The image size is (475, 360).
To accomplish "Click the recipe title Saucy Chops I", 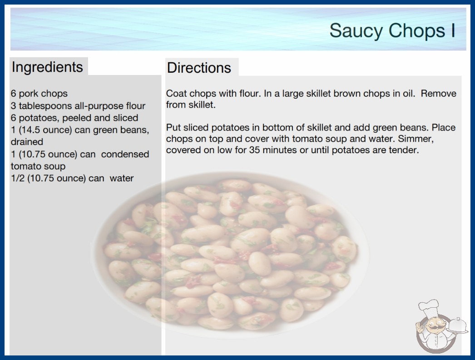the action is click(392, 31).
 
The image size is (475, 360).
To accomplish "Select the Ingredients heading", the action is click(47, 67).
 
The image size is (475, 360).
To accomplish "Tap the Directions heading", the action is click(199, 68).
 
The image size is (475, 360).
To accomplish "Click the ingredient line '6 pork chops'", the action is click(39, 94).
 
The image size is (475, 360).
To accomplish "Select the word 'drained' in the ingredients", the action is click(27, 142).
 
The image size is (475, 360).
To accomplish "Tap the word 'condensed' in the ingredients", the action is click(125, 154).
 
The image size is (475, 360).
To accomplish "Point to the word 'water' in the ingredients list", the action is click(122, 178).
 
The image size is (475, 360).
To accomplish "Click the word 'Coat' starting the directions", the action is click(176, 94).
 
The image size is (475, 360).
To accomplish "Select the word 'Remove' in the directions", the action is click(438, 94).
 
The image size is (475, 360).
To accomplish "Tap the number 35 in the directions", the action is click(254, 150).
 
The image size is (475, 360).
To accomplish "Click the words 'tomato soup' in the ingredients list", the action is click(38, 166).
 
